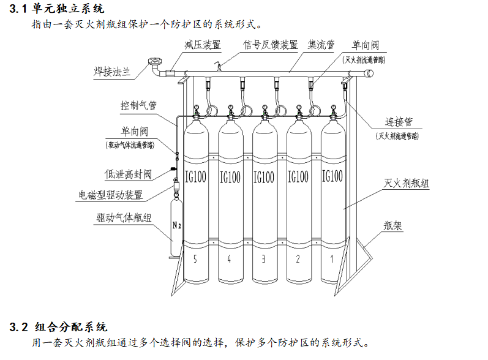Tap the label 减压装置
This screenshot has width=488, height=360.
point(203,45)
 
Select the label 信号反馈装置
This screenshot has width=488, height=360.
point(270,45)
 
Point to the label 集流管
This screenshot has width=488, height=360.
point(321,45)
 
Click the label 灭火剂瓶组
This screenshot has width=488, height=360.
point(406,183)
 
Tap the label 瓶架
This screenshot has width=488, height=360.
point(393,225)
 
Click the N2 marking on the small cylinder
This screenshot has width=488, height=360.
point(176,225)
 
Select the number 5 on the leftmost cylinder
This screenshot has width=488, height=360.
point(195,259)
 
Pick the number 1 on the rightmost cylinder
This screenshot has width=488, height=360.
point(332,259)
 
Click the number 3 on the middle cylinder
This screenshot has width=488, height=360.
point(263,259)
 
